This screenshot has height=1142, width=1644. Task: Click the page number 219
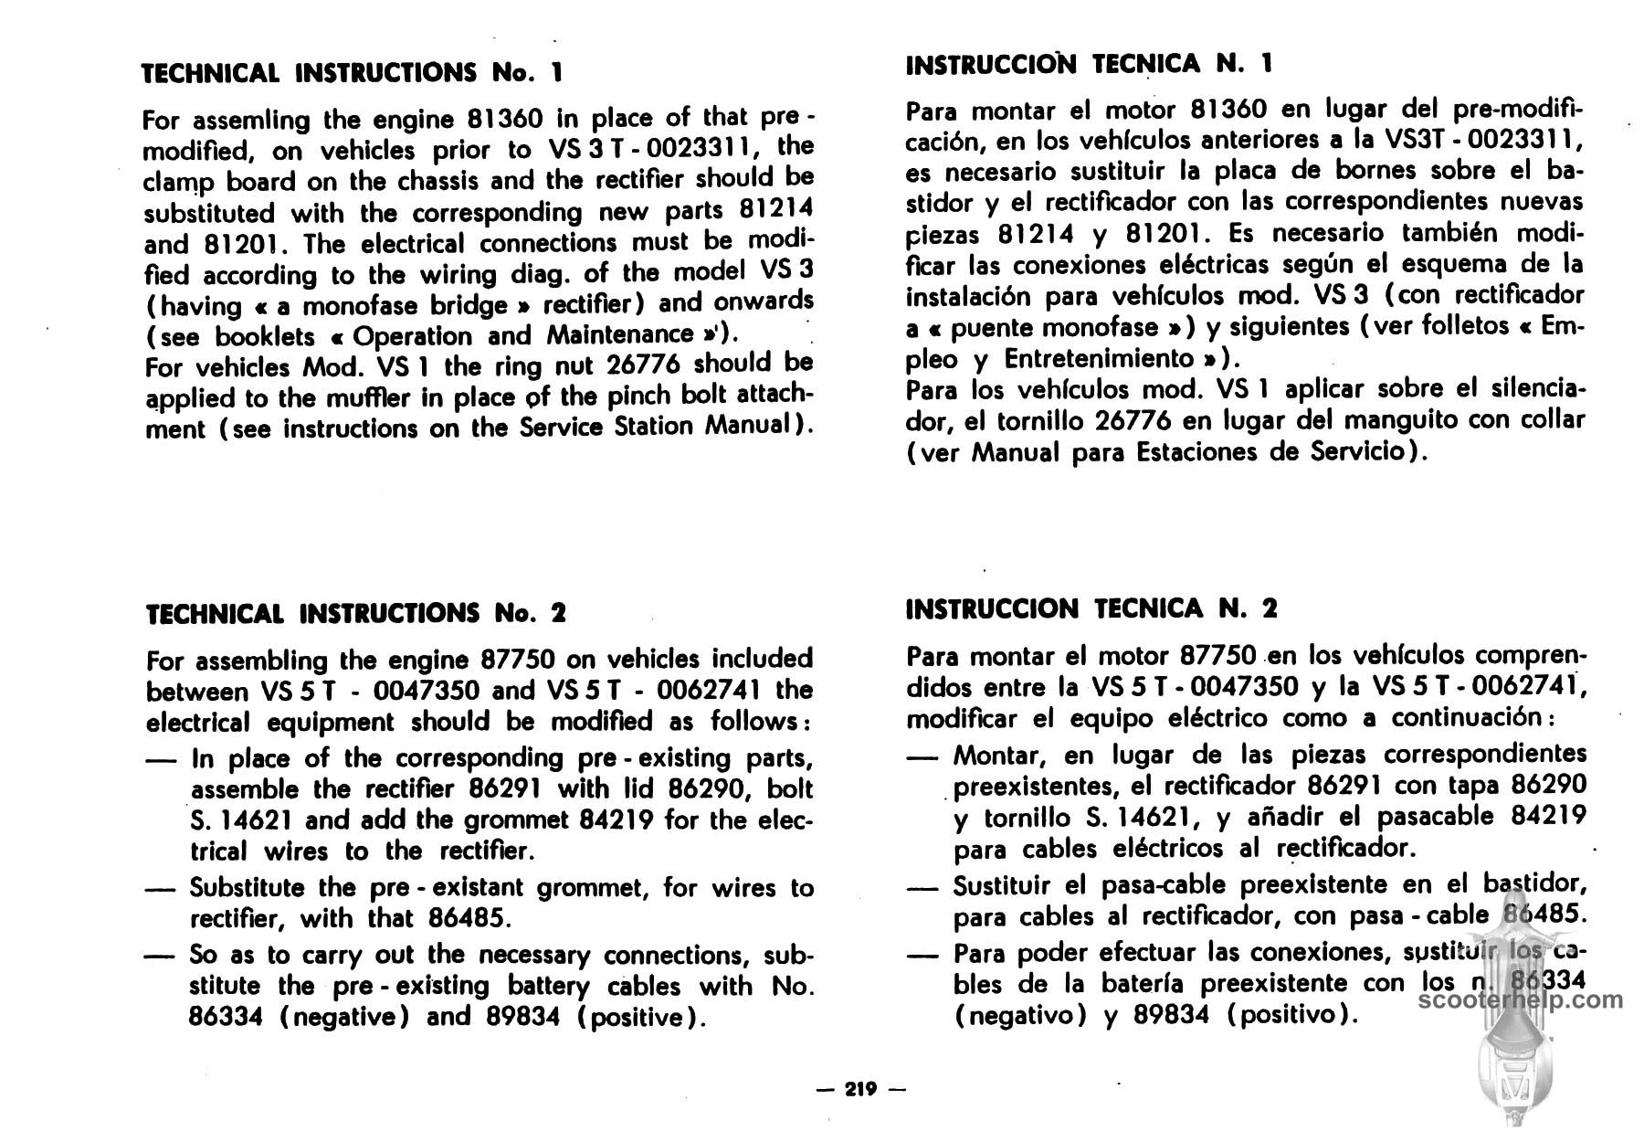(860, 1088)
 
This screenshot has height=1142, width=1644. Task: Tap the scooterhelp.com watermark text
(1522, 999)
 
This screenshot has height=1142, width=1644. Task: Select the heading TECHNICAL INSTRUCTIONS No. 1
(353, 72)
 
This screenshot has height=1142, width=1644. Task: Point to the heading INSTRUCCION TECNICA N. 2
(1091, 608)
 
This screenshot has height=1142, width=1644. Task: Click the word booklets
(264, 336)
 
